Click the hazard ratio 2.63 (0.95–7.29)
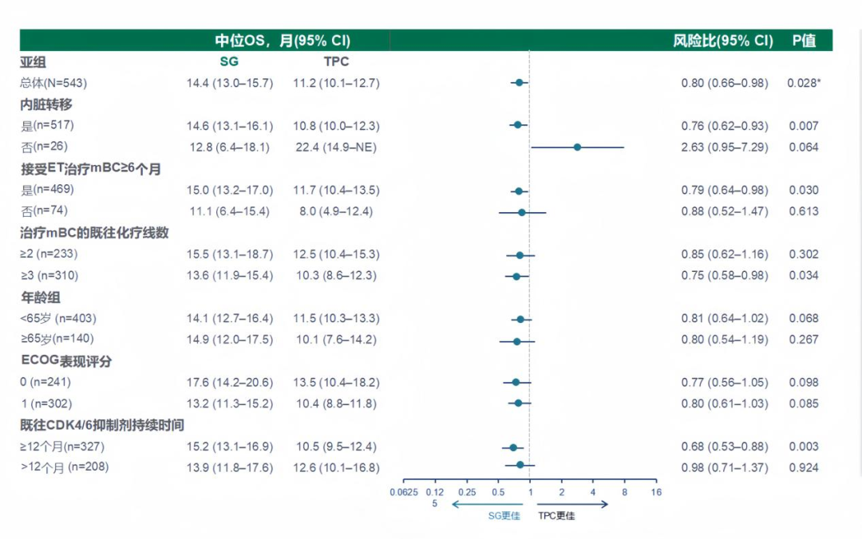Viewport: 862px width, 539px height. (725, 148)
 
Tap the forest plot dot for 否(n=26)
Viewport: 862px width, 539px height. (577, 148)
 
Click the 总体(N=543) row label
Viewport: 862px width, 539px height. (53, 83)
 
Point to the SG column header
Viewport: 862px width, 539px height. (229, 61)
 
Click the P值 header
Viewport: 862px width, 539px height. (804, 41)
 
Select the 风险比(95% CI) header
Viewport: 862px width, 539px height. (723, 41)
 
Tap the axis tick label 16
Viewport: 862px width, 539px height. (656, 492)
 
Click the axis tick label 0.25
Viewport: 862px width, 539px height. (467, 492)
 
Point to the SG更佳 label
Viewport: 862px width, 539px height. (504, 516)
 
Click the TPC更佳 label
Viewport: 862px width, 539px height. (556, 516)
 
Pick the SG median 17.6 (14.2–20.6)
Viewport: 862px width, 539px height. (230, 383)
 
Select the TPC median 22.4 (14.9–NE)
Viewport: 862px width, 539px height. (335, 148)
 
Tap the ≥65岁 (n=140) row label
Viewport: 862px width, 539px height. (60, 340)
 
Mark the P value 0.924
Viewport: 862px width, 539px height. (803, 468)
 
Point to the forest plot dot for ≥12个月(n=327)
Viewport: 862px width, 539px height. (513, 447)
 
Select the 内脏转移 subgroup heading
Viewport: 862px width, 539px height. (47, 104)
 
